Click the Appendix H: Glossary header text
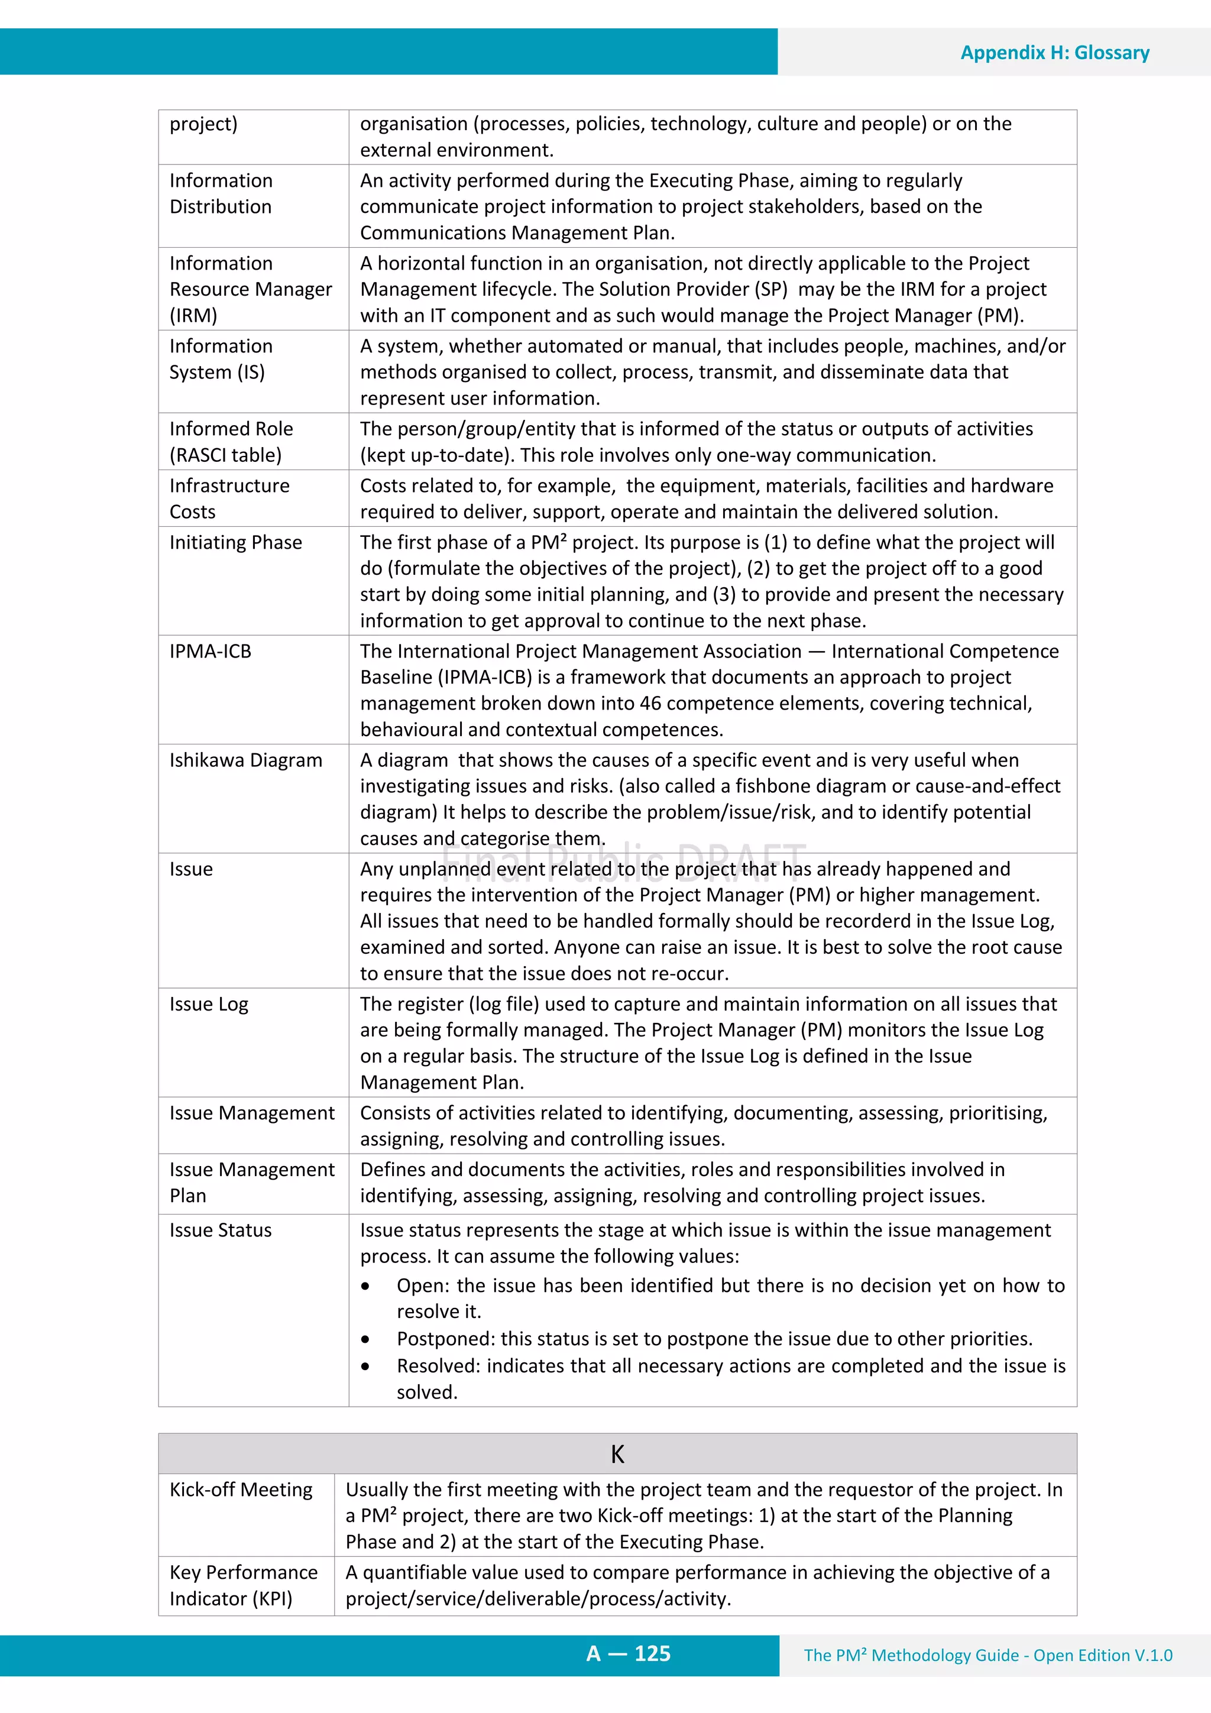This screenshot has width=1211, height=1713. (x=1054, y=53)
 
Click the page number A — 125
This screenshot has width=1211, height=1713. (x=628, y=1654)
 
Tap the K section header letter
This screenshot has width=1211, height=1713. (x=617, y=1454)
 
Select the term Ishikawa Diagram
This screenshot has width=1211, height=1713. (x=245, y=760)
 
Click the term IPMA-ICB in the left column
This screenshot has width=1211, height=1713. (x=211, y=652)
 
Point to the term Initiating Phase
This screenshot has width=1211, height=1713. (x=236, y=542)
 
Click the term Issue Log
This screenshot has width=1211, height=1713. (x=209, y=1004)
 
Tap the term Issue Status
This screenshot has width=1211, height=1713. (x=220, y=1230)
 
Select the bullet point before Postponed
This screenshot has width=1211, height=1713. (x=365, y=1340)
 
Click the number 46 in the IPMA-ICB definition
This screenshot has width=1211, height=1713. (x=650, y=704)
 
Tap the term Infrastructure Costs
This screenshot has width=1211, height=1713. (x=229, y=498)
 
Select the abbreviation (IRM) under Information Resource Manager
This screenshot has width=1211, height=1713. (x=193, y=316)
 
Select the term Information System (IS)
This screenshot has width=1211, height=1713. (x=221, y=359)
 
